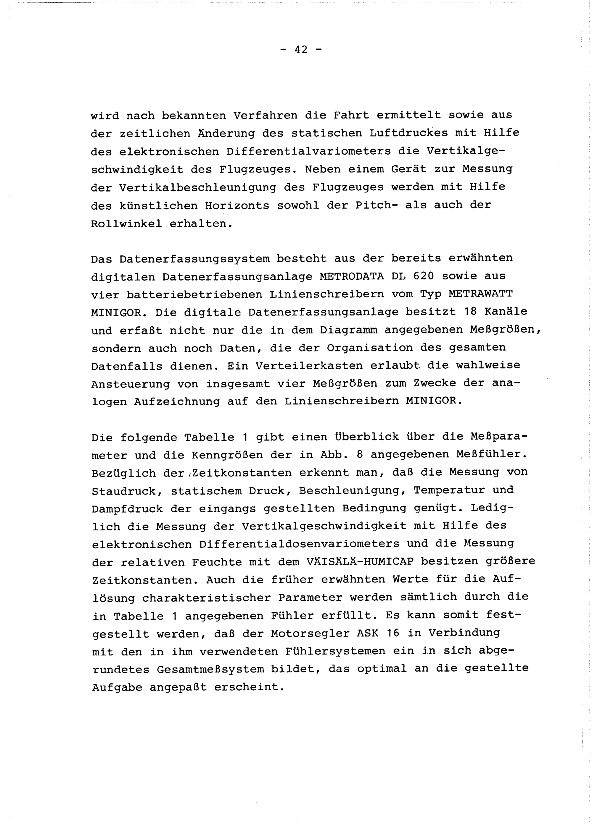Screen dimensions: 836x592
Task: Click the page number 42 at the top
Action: coord(301,50)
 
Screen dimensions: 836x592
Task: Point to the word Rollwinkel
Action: coord(126,223)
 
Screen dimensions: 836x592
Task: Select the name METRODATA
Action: coord(351,276)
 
